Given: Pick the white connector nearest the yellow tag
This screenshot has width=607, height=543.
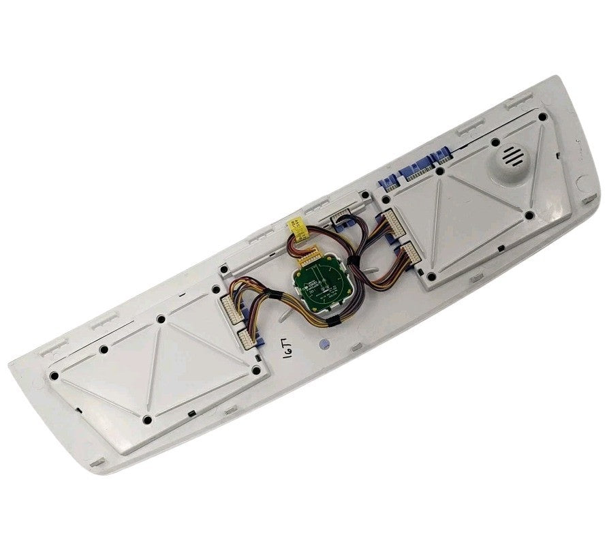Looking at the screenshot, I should coord(340,219).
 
